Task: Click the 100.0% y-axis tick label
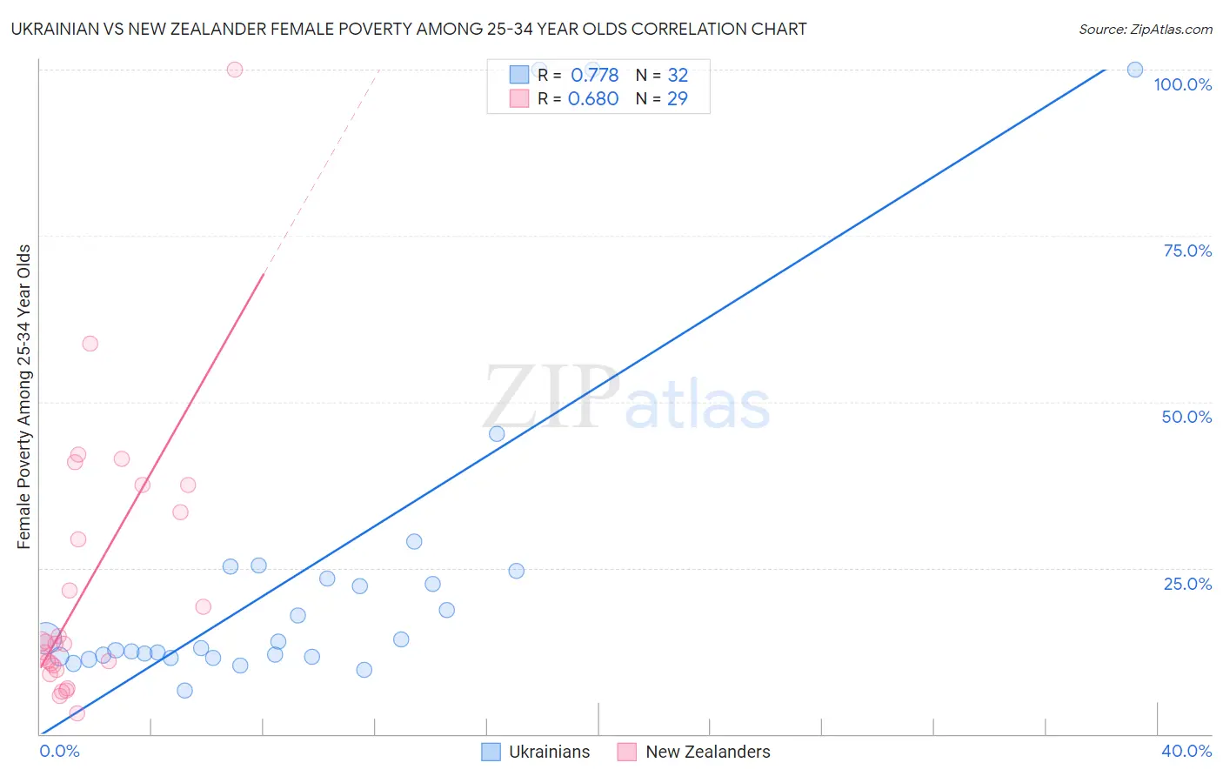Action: [1182, 84]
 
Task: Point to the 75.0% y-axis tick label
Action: [1187, 251]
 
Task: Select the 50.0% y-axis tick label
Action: [1186, 417]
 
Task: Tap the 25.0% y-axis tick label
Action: [1187, 584]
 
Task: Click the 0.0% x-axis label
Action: [60, 751]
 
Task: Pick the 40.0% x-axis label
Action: [1186, 751]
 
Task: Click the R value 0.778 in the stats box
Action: [594, 76]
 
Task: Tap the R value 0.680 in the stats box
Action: [593, 99]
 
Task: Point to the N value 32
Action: [678, 76]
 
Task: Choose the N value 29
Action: [677, 99]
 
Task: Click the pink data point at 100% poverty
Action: [234, 70]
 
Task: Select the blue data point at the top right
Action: [1135, 70]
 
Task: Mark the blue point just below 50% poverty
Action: [497, 433]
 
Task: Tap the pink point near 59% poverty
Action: [90, 344]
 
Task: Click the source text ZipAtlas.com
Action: [1145, 30]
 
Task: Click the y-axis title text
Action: [23, 397]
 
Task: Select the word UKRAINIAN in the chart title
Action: [56, 30]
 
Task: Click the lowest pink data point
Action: [77, 713]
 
